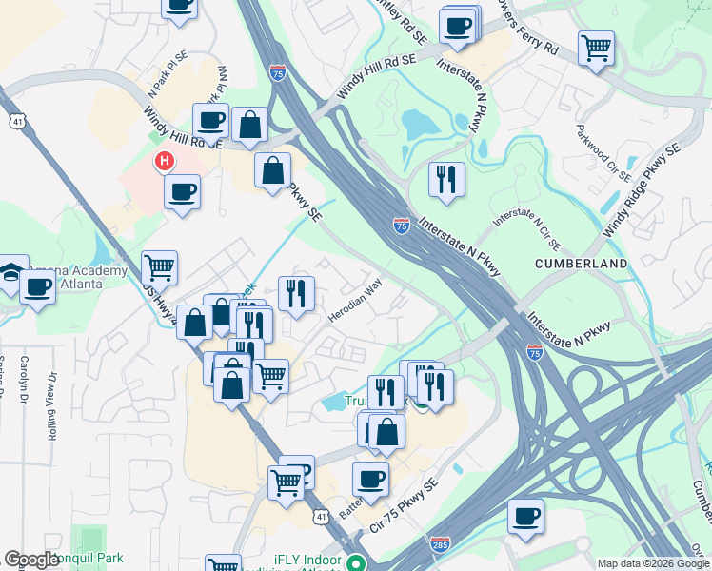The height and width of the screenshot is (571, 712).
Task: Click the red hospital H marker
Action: tap(165, 161)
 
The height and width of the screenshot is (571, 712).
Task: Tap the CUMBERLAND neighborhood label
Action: tap(581, 263)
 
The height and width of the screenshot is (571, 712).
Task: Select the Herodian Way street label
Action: tap(354, 300)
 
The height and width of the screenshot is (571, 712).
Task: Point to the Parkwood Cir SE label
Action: tap(604, 151)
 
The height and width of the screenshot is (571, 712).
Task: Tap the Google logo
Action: tap(31, 560)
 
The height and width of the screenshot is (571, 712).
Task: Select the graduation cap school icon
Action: tap(11, 269)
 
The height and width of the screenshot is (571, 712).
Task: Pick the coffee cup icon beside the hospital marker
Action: tap(182, 190)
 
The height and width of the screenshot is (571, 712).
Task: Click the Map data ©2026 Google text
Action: tap(652, 563)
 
